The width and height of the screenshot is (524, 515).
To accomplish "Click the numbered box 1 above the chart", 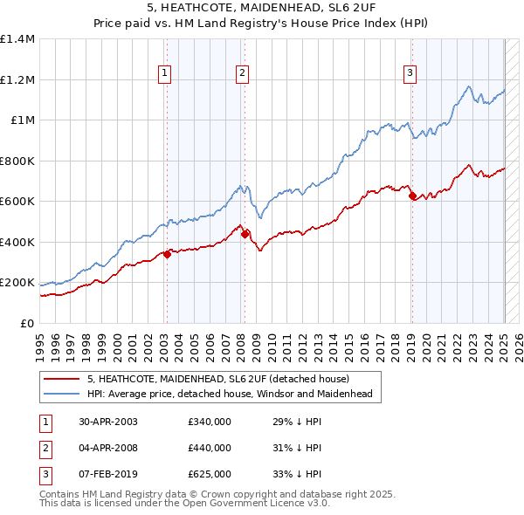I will (x=165, y=74).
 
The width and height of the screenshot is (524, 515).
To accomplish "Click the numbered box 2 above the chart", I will (x=241, y=74).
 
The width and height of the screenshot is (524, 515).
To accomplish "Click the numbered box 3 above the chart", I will (x=410, y=74).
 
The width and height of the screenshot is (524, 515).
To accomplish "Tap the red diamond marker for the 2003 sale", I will (x=167, y=254).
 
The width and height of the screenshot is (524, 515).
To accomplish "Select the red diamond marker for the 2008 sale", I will (x=245, y=234).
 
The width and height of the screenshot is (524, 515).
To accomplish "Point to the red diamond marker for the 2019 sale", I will (x=412, y=196).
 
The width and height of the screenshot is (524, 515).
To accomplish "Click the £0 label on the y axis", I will (x=27, y=323).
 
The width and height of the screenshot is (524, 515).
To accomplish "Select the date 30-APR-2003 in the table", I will (x=108, y=422).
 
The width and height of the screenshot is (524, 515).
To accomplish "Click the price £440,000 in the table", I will (x=210, y=448).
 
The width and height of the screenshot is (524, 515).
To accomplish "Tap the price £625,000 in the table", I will (x=210, y=474).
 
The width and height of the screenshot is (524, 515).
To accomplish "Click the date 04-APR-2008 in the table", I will (x=108, y=448).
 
